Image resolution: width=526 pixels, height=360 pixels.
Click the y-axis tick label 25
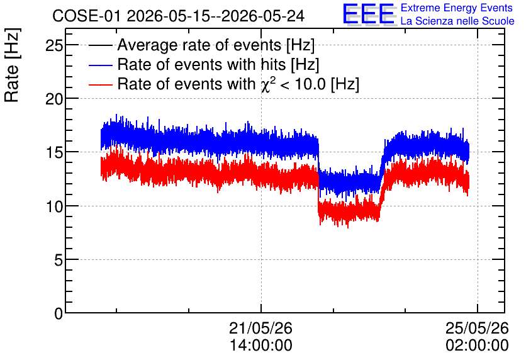[x=54, y=45]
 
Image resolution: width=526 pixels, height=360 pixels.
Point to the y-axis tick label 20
[x=54, y=99]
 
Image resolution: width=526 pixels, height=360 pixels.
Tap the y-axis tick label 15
[x=54, y=153]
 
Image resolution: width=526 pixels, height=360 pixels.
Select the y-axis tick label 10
[x=54, y=206]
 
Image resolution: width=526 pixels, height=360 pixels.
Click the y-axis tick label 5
[x=59, y=260]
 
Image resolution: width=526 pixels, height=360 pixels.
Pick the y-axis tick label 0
[x=59, y=313]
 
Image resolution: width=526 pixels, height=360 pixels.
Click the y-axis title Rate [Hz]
[x=12, y=65]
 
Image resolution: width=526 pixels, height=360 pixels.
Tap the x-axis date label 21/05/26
[x=260, y=328]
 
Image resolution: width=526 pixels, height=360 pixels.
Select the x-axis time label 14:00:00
[x=260, y=346]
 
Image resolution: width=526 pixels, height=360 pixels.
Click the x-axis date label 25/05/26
[x=477, y=328]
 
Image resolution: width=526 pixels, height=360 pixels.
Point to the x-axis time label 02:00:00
[x=477, y=346]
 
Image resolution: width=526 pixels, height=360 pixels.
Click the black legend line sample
[x=100, y=45]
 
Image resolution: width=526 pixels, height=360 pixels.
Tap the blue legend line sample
[x=100, y=65]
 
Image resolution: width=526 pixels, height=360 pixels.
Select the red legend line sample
[x=100, y=84]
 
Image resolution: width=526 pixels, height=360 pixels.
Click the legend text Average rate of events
[x=199, y=45]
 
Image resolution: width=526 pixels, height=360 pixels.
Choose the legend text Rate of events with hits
[x=201, y=64]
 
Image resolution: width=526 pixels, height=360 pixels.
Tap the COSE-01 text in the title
[x=86, y=16]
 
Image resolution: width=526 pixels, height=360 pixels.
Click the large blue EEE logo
[x=369, y=14]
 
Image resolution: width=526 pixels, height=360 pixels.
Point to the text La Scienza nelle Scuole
[x=457, y=21]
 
